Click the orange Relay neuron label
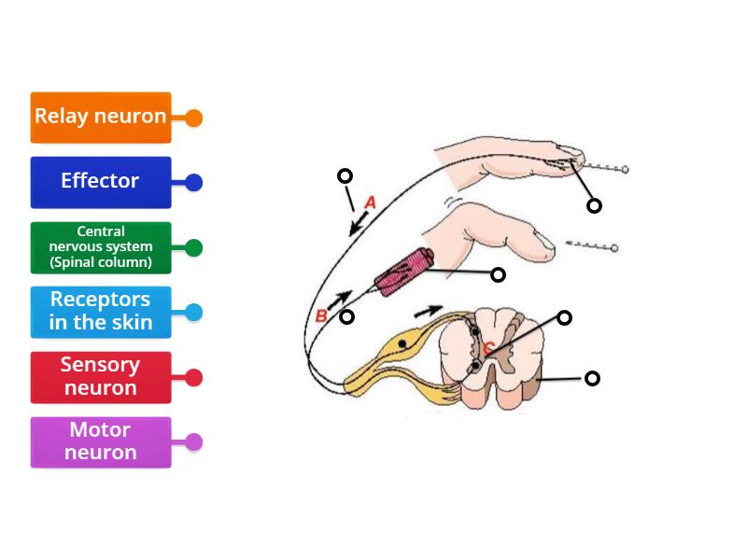[x=100, y=117]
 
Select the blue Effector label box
[x=100, y=182]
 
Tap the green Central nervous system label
[x=100, y=247]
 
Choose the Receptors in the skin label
[x=100, y=312]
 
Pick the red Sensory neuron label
[x=100, y=377]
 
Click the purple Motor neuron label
[x=100, y=441]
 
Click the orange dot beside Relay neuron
[x=193, y=119]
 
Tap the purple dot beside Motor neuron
[x=193, y=442]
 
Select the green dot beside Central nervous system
[x=193, y=248]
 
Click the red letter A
[x=370, y=203]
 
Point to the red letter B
[x=321, y=316]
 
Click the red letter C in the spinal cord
[x=487, y=348]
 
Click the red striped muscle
[x=403, y=272]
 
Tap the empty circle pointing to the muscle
[x=498, y=274]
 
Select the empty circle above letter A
[x=345, y=175]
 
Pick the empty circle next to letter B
[x=346, y=317]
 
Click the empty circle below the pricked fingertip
[x=594, y=205]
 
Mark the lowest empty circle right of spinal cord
[x=592, y=378]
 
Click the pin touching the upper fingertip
[x=598, y=168]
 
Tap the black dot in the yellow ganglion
[x=402, y=344]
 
